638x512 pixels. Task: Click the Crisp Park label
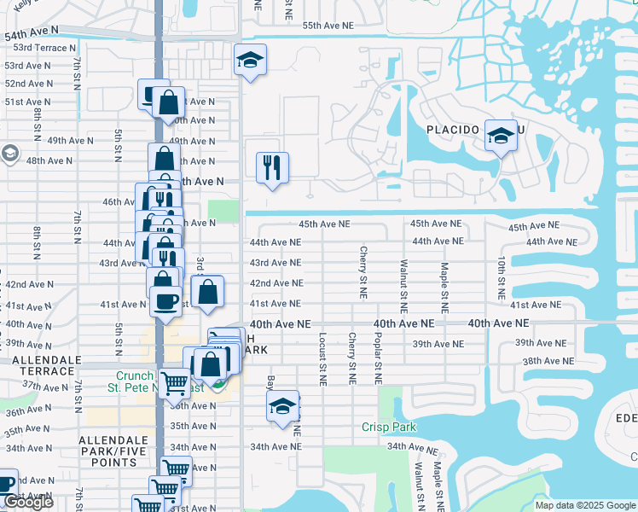[x=386, y=427]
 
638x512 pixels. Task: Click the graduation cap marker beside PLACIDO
[x=501, y=135]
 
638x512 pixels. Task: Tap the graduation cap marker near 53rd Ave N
[x=250, y=60]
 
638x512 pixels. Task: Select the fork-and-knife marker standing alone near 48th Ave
[x=272, y=167]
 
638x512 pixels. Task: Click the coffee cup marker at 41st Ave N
[x=165, y=301]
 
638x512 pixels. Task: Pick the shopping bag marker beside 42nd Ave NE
[x=207, y=293]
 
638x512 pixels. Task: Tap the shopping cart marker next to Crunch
[x=175, y=384]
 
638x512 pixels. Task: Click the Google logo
[x=27, y=503]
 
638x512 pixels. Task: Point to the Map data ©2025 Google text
[x=584, y=505]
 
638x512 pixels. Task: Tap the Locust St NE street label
[x=323, y=357]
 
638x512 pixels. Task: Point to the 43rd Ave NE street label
[x=275, y=263]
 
